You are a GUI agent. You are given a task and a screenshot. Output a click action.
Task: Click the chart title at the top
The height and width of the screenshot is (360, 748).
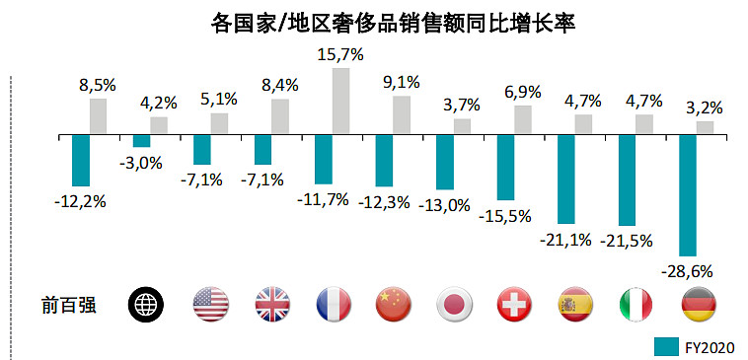[x=393, y=24]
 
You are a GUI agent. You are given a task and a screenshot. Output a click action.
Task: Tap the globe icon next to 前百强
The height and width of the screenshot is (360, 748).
[x=146, y=304]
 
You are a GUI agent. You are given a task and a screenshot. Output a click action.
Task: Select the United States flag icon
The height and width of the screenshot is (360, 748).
[x=211, y=304]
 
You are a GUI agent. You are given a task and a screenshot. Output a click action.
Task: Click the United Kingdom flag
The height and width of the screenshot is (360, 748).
[x=272, y=304]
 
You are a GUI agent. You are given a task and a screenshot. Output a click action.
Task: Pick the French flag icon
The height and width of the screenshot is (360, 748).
[x=334, y=304]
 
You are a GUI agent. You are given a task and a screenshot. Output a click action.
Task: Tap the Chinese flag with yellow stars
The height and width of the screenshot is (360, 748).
[x=394, y=304]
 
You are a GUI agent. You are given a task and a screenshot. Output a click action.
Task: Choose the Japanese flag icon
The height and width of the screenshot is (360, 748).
[x=455, y=304]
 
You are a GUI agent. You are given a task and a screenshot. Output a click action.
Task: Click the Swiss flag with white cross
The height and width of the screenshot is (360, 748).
[x=515, y=304]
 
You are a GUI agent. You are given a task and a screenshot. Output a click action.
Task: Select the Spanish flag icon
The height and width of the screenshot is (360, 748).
[x=575, y=304]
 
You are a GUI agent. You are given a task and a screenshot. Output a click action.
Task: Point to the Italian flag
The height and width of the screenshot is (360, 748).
[x=636, y=304]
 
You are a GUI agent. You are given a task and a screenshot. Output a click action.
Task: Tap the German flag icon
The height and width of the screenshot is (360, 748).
[x=699, y=304]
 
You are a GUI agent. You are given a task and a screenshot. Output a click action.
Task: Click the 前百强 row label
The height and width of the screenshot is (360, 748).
[x=69, y=305]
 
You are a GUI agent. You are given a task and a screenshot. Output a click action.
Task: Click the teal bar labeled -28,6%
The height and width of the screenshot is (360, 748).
[x=688, y=195]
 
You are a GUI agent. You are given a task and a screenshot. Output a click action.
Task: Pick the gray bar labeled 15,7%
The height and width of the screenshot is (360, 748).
[x=341, y=101]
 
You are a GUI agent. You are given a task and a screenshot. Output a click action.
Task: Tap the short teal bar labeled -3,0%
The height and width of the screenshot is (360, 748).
[x=142, y=141]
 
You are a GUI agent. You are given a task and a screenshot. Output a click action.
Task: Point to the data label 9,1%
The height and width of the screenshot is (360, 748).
[x=403, y=83]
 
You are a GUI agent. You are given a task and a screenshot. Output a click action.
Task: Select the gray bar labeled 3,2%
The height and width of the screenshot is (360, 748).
[x=705, y=127]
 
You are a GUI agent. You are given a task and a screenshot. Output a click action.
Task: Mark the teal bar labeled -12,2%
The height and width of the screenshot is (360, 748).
[x=81, y=161]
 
